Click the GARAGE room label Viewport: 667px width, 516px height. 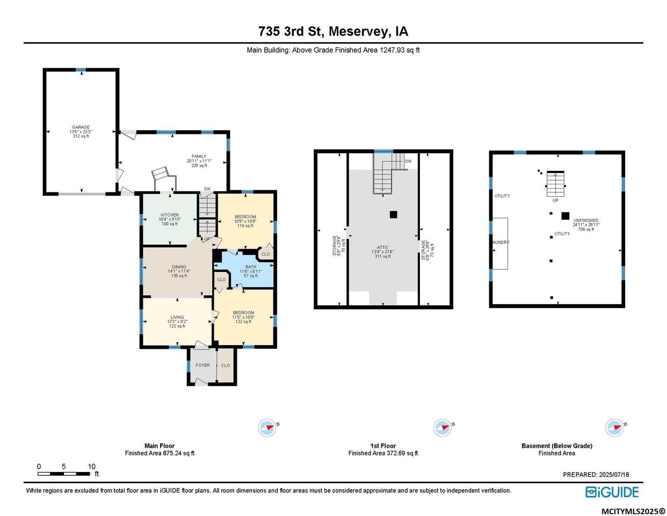81,127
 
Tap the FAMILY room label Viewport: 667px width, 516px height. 199,156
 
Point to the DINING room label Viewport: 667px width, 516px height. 179,267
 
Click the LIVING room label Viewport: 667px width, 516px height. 177,317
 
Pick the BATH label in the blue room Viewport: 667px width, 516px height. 251,267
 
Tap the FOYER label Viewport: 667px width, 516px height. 202,365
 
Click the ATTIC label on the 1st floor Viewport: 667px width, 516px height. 382,248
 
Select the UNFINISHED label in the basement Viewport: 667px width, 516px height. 586,221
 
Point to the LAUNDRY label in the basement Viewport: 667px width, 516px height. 501,242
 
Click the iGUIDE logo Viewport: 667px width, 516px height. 612,492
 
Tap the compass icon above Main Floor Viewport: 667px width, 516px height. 267,428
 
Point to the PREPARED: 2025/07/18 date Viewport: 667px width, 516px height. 596,475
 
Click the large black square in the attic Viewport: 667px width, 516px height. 393,214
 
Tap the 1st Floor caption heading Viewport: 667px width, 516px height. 383,446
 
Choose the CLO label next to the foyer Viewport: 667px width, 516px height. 226,365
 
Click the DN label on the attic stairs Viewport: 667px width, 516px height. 408,161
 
